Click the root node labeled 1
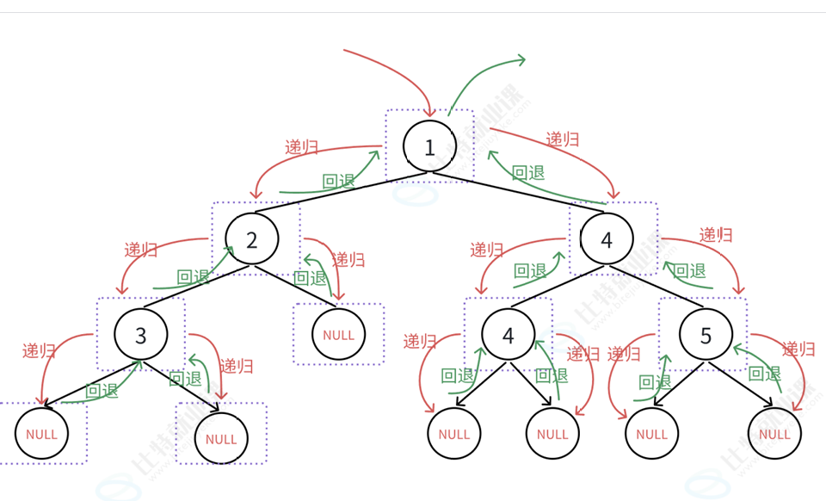point(430,146)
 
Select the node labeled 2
point(252,239)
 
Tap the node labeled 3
point(141,334)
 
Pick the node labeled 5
point(706,335)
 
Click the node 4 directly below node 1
point(607,239)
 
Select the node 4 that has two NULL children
point(509,335)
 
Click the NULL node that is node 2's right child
point(338,335)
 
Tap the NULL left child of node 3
point(41,433)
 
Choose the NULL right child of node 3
point(221,438)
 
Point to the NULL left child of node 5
point(651,434)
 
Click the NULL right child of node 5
point(774,434)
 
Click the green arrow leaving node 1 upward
point(482,73)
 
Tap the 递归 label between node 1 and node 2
point(302,146)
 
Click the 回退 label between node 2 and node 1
point(338,181)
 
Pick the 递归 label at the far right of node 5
point(798,349)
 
